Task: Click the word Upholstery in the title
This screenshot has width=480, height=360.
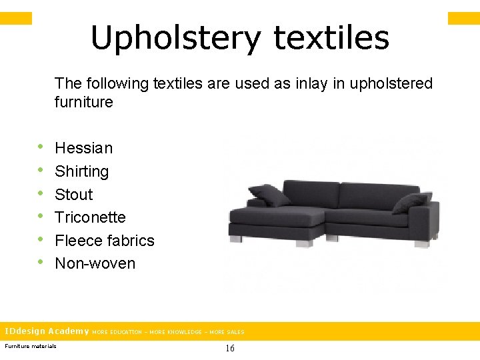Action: click(175, 39)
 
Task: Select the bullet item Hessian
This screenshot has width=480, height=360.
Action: click(83, 148)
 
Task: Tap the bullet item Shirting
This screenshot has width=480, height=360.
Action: click(81, 171)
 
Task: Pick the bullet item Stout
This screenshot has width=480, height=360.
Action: click(73, 195)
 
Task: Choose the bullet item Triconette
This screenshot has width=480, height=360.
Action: click(90, 217)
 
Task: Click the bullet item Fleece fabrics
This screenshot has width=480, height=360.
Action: click(104, 241)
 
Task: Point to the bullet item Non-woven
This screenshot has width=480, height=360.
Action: click(95, 263)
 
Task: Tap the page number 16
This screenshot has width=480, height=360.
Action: click(230, 348)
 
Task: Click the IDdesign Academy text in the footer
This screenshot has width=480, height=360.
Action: click(47, 331)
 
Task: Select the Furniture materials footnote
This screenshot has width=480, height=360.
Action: click(31, 345)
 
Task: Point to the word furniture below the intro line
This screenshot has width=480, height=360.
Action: click(84, 103)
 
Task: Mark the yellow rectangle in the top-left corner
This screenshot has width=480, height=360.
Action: click(16, 18)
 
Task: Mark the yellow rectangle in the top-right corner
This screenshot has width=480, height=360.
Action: click(463, 18)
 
